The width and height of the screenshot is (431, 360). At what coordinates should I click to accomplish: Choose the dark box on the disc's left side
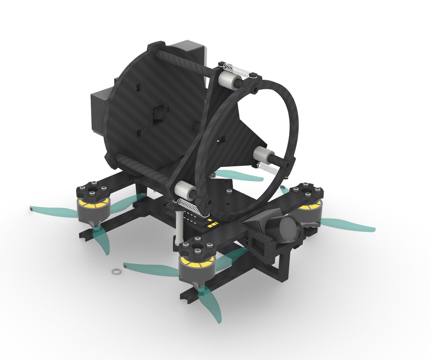pyautogui.click(x=99, y=110)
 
